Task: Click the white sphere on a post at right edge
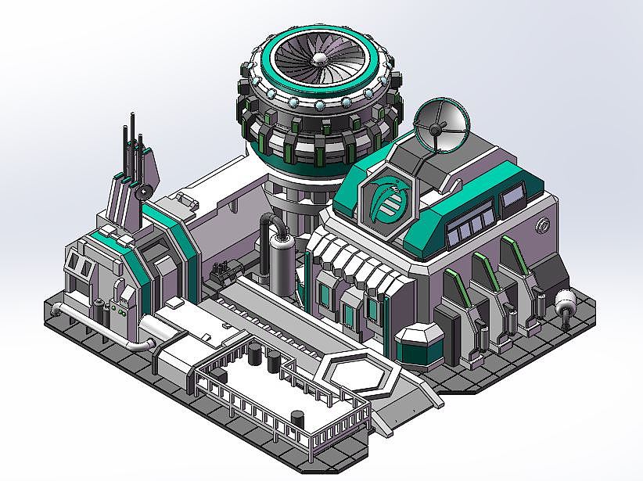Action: (x=565, y=300)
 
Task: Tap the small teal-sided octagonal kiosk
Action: (x=421, y=345)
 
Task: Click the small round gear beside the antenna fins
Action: (x=143, y=191)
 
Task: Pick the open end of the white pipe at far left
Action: (x=56, y=310)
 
